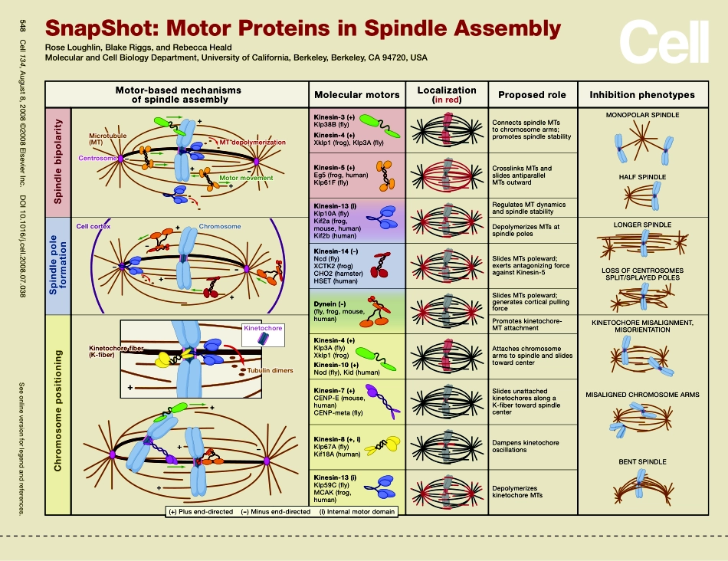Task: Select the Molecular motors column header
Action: point(356,95)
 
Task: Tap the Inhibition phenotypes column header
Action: point(641,95)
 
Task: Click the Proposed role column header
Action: point(532,95)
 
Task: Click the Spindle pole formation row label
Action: point(57,267)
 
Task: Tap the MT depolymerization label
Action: point(253,143)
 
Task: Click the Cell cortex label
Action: point(93,227)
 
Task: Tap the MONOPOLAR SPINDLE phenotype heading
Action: point(642,115)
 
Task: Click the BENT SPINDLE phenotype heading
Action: point(642,462)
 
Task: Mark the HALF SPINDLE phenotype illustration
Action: point(642,198)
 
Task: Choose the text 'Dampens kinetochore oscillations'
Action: point(525,447)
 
